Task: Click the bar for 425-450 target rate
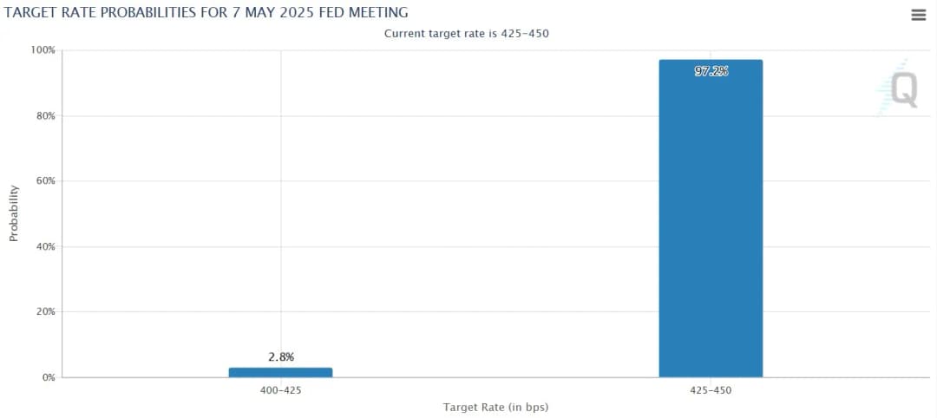click(711, 217)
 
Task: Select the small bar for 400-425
click(280, 372)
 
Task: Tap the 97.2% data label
click(711, 72)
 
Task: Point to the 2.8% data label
click(280, 356)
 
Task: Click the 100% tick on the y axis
click(43, 50)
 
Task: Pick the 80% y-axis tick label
click(46, 116)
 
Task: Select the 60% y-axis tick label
click(46, 181)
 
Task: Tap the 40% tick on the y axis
click(46, 246)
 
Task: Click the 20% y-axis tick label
click(46, 311)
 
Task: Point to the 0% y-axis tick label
click(49, 377)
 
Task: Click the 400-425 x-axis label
click(280, 390)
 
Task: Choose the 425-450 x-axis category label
click(711, 390)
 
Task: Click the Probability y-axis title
click(14, 213)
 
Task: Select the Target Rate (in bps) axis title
click(495, 407)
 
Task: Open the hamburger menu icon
click(919, 15)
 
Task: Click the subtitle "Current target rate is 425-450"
click(467, 33)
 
